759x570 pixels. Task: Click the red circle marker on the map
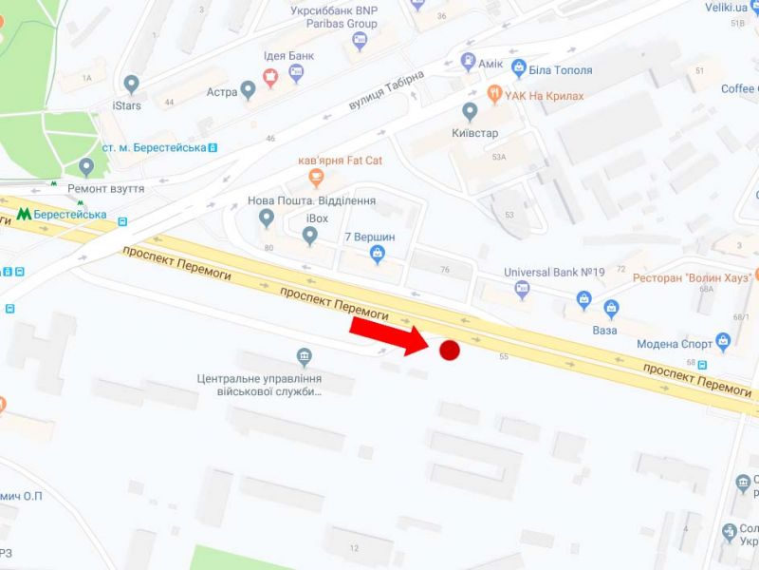pos(450,351)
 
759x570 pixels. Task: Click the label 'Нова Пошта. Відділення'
pos(311,201)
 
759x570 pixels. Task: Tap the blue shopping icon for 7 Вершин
pos(379,253)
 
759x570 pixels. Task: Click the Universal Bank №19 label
pos(554,273)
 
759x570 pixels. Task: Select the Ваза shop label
pos(603,330)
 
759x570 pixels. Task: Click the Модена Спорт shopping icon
pos(724,339)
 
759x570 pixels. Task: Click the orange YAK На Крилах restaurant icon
pos(493,95)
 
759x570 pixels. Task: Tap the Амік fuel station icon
pos(468,63)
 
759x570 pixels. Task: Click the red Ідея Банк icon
pos(270,77)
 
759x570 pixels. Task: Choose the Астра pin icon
pos(249,91)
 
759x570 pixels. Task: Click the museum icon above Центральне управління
pos(305,358)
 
